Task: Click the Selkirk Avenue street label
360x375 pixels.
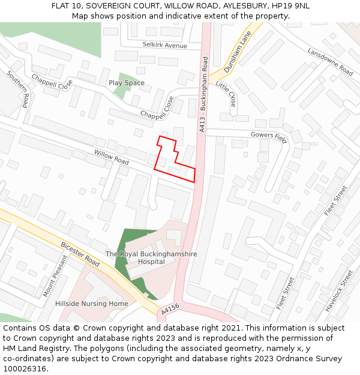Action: point(165,46)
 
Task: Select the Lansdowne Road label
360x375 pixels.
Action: point(330,61)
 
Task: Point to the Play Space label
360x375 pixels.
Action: point(127,83)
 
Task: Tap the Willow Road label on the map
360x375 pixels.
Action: point(112,158)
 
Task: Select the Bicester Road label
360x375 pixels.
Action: point(80,254)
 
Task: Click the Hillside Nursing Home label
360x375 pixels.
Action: point(92,304)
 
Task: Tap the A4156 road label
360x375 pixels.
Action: point(170,310)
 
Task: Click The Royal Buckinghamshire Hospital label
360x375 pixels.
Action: point(151,258)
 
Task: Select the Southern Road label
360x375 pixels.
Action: point(18,89)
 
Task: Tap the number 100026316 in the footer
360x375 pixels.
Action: point(25,369)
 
